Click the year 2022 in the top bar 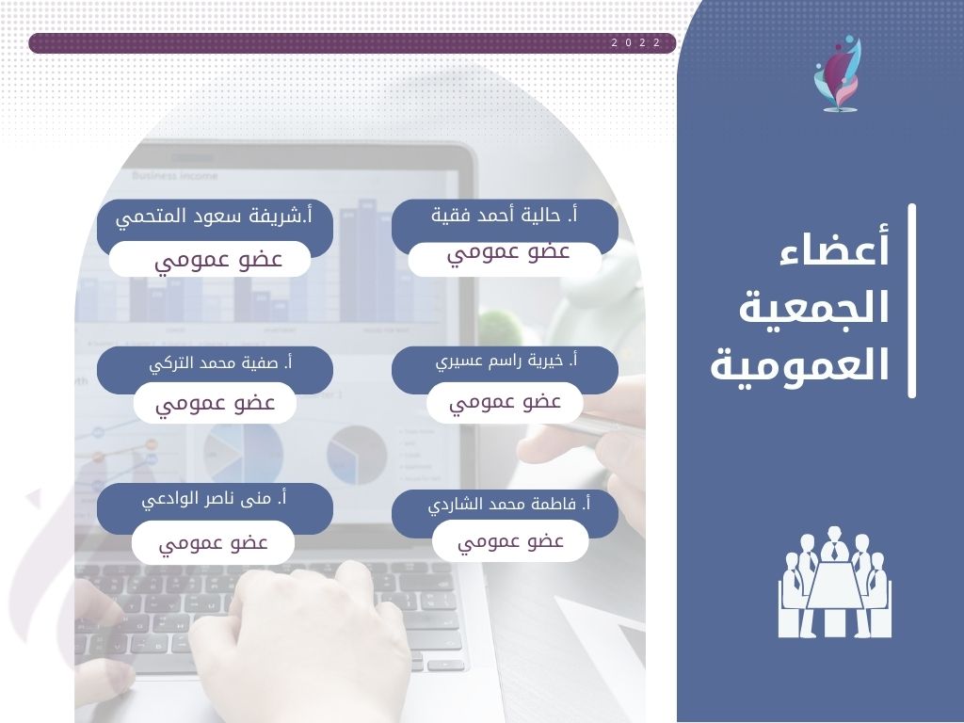[x=635, y=43]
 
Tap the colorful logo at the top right [x=838, y=73]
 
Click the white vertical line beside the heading [x=911, y=300]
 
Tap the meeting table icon [x=834, y=582]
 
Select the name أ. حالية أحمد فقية [x=505, y=216]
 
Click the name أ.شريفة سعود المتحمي [x=214, y=217]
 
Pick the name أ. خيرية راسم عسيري [x=506, y=361]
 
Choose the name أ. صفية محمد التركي [x=220, y=363]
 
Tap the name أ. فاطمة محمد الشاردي [x=509, y=506]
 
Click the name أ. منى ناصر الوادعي [x=214, y=499]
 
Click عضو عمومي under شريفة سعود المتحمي [x=218, y=260]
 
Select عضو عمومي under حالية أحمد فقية [x=508, y=253]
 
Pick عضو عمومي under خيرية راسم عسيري [x=505, y=403]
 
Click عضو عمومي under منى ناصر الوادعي [x=213, y=544]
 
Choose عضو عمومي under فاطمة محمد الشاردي [x=510, y=542]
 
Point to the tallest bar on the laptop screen [x=367, y=261]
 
